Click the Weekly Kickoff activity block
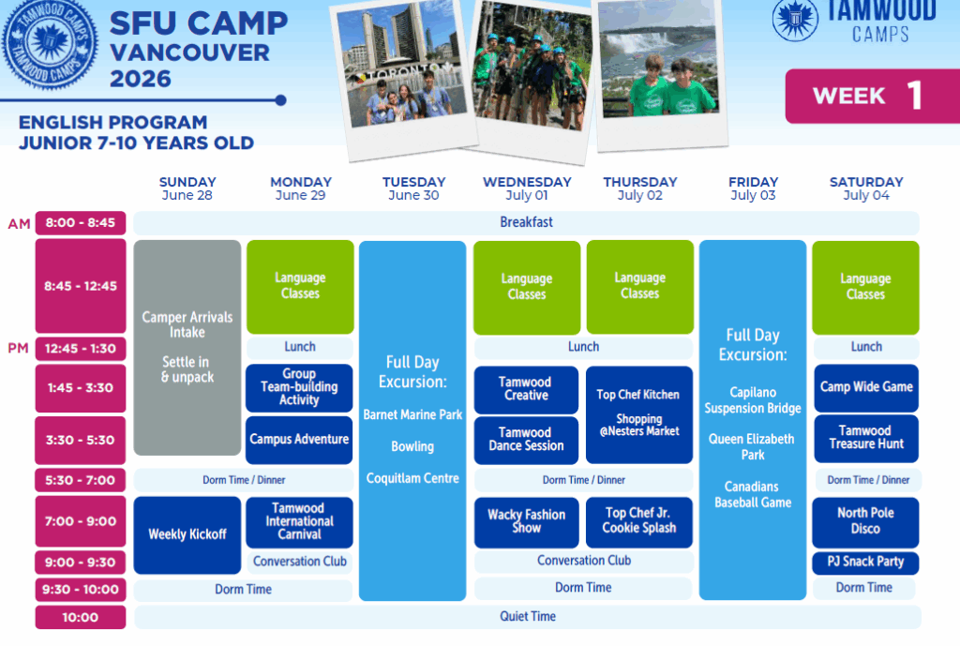(187, 534)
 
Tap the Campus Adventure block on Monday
(299, 440)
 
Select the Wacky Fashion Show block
(527, 521)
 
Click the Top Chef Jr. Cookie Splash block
(639, 521)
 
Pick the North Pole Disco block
(865, 521)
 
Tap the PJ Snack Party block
(865, 563)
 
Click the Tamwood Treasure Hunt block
(866, 439)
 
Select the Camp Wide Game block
(866, 387)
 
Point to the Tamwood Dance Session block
(527, 440)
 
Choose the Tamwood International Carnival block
(299, 521)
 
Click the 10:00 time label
(81, 617)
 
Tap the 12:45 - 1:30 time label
(81, 349)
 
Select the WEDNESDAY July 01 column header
(527, 188)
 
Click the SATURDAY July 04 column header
(866, 188)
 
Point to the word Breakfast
(527, 222)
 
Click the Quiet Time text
(528, 617)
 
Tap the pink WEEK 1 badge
(873, 97)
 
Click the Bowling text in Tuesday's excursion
(412, 447)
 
